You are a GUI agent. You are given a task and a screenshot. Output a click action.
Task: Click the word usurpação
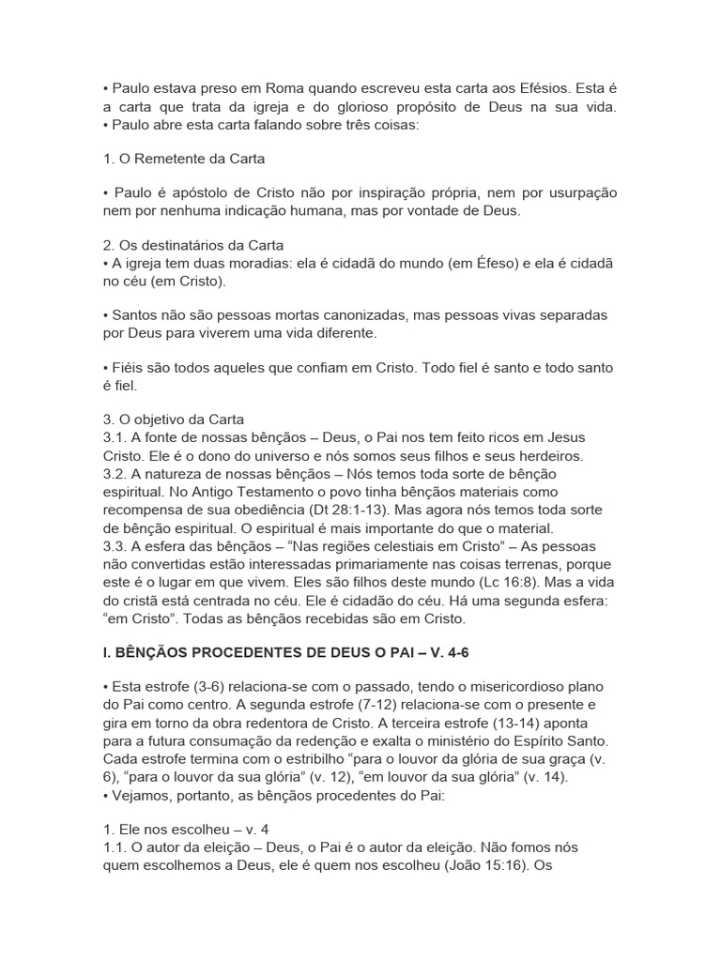coord(576,191)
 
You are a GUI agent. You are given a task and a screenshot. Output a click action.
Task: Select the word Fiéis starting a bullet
coord(127,368)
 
